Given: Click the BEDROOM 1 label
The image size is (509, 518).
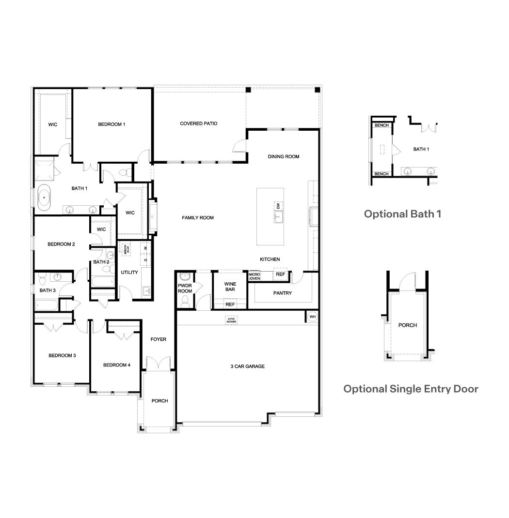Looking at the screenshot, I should [111, 124].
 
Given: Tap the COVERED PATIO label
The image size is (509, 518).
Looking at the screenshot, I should [199, 123].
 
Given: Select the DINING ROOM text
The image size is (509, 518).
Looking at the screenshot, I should [284, 156].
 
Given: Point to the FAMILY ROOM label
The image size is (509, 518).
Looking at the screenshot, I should [198, 218].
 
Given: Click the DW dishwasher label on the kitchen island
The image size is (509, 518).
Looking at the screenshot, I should [278, 206].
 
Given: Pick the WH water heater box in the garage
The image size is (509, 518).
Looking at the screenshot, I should [312, 317].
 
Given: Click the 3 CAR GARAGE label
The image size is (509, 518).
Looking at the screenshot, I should [247, 366].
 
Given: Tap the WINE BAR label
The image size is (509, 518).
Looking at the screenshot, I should [230, 286].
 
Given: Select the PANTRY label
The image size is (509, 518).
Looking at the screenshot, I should [282, 293].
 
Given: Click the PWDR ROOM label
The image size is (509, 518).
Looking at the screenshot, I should [185, 288].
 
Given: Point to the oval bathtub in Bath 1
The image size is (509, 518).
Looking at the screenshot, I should [44, 198].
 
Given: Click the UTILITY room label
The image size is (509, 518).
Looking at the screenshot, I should [129, 273].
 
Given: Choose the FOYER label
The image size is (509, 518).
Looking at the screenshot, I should [158, 339].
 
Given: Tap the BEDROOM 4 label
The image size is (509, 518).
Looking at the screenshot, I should [117, 365].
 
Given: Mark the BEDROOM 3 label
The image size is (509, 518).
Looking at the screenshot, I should [62, 356].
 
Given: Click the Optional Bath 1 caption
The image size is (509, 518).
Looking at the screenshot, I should [403, 213].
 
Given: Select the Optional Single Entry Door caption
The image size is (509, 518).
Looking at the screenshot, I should [411, 389].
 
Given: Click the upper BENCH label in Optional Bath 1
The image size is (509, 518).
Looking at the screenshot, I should [381, 125].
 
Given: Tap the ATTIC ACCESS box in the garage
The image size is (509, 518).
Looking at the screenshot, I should [231, 320].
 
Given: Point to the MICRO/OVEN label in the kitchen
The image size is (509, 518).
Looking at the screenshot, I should [254, 276].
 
